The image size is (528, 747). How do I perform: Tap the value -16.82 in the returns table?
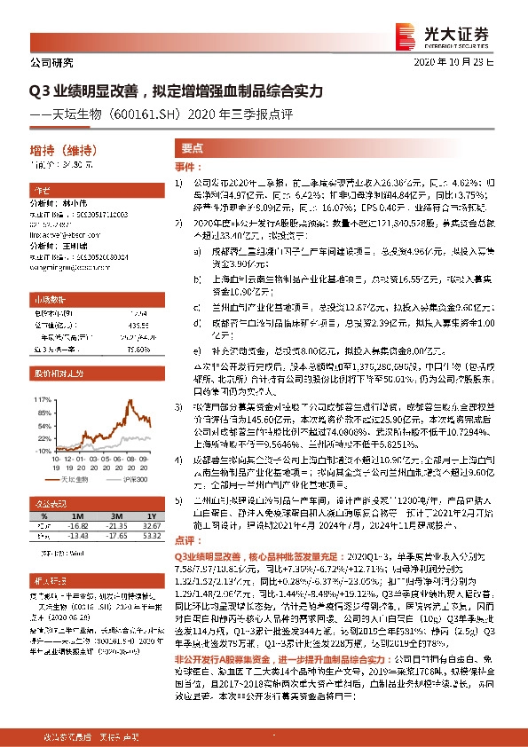coord(75,526)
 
